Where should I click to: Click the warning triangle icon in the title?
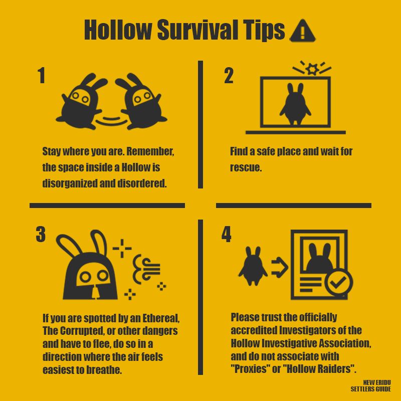point(303,31)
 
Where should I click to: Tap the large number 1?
point(42,76)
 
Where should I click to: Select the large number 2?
point(229,76)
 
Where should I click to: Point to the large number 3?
point(41,234)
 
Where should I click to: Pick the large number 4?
point(227,234)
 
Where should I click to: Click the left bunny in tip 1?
point(81,102)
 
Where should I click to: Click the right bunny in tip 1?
point(141,102)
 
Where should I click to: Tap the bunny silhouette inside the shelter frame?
point(295,104)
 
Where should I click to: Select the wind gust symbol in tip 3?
point(146,269)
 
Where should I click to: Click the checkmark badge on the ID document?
point(339,283)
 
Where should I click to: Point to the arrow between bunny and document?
point(280,268)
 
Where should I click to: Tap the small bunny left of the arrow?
point(253,266)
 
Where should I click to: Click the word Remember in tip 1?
point(150,151)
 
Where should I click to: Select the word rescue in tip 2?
point(246,168)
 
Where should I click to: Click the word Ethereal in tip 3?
point(161,318)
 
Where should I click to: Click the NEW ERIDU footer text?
point(377,382)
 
